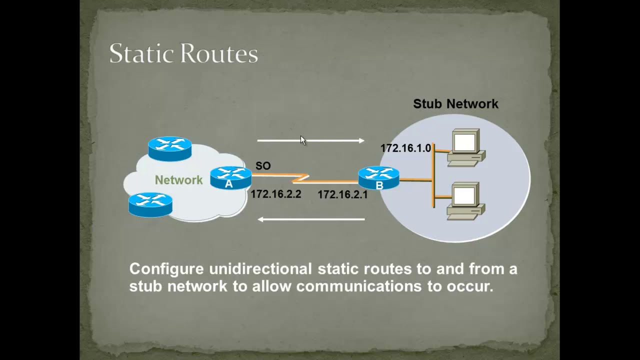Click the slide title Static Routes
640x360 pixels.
pos(183,53)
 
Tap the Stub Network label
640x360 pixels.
pos(455,104)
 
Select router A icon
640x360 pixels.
pos(230,178)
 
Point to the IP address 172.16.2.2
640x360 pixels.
pos(276,194)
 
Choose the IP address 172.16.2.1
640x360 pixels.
pos(342,194)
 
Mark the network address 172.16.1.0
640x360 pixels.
pos(405,148)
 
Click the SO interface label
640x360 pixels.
pos(263,165)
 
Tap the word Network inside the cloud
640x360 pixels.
pos(178,180)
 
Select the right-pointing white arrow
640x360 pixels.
pos(310,141)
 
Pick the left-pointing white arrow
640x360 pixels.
pos(310,219)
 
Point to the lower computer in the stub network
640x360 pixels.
pos(465,201)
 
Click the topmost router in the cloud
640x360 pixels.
pos(170,148)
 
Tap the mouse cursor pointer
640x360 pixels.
pos(303,140)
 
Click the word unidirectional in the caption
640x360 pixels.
pos(260,269)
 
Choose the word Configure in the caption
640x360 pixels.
pos(166,269)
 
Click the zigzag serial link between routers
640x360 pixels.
pos(302,178)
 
